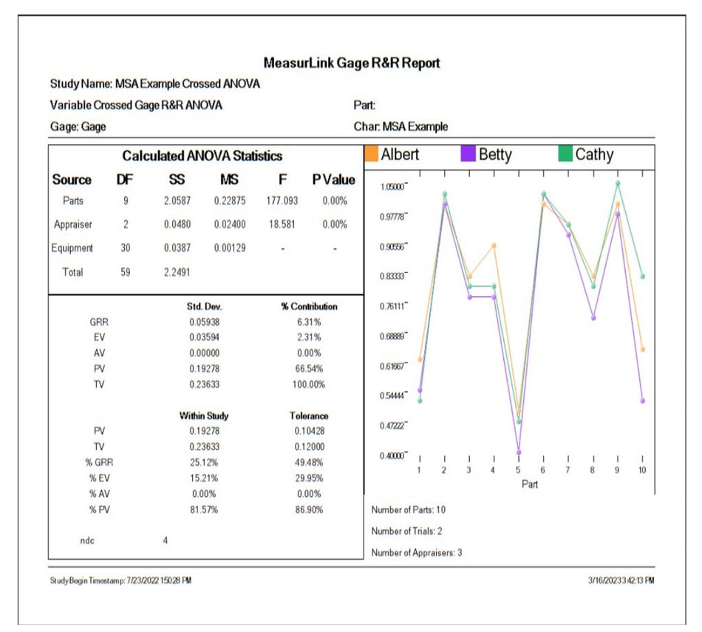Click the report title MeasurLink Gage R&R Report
coord(352,63)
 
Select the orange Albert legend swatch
coord(372,155)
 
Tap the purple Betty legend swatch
coord(468,155)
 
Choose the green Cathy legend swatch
coord(565,155)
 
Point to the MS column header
coord(229,180)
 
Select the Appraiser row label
coord(73,224)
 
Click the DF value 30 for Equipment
coord(126,248)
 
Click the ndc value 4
coord(166,540)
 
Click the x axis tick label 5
coord(518,470)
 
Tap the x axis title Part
coord(531,484)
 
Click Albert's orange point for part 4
coord(494,246)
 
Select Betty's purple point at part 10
coord(642,401)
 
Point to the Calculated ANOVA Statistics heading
coord(202,157)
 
